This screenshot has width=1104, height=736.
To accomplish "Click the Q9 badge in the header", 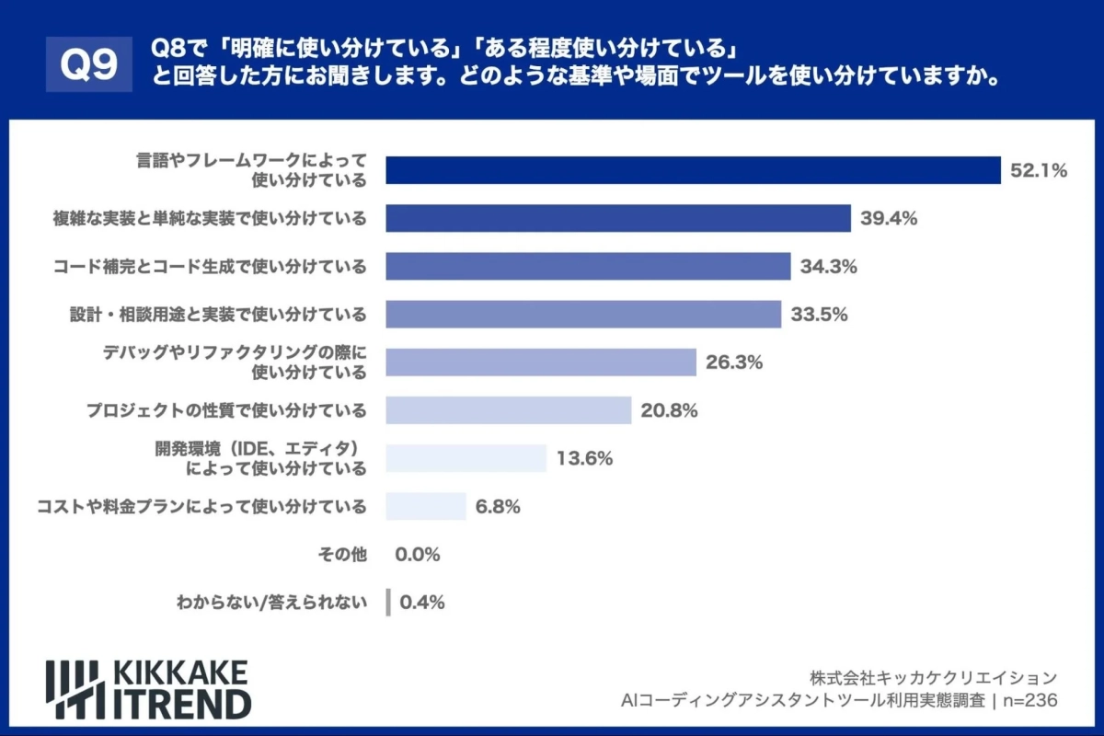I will click(x=89, y=64).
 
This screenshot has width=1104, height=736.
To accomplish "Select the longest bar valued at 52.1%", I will click(x=693, y=170).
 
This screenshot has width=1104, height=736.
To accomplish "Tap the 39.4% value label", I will click(x=889, y=218).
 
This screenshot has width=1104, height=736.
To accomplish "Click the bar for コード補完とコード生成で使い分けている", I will click(x=588, y=267).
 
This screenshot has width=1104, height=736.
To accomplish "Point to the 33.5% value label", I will click(x=819, y=315).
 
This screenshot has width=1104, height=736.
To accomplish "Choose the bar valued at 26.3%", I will click(x=541, y=362).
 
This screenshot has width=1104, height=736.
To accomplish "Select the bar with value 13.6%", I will click(x=466, y=458).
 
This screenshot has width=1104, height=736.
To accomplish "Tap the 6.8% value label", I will click(x=499, y=506).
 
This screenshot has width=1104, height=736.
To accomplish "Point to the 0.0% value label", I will click(x=418, y=555).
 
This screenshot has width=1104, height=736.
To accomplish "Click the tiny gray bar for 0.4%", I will click(x=388, y=603).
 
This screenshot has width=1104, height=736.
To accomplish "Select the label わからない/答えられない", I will click(x=271, y=603).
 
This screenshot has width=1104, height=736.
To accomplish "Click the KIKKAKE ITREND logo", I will click(x=148, y=688).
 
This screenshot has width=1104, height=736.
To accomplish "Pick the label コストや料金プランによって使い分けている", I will click(x=201, y=506).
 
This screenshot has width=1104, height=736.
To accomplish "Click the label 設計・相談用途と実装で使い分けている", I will click(x=218, y=315).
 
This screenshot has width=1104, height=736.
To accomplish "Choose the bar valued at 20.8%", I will click(x=508, y=410).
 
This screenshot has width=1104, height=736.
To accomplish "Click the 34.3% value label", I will click(x=829, y=267).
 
